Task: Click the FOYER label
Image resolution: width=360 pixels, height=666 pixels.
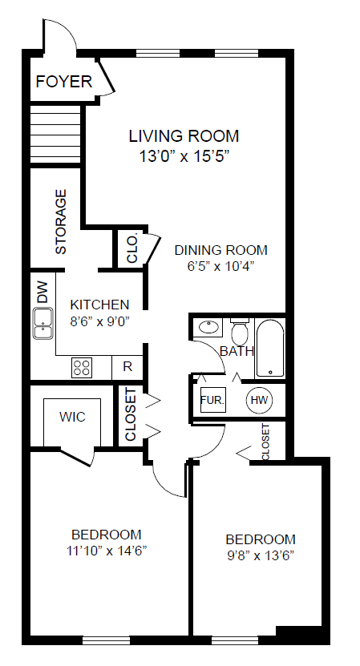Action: [x=64, y=81]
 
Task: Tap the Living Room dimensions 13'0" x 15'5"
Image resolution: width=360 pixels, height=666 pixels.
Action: [x=184, y=157]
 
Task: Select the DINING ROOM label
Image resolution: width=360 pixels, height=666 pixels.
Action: [x=221, y=250]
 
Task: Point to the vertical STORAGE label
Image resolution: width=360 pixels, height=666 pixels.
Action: [x=61, y=221]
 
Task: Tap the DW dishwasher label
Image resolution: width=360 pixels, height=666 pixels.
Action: [x=42, y=293]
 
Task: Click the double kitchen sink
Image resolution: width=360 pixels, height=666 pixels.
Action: [x=43, y=323]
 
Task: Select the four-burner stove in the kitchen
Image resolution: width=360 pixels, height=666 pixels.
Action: [x=82, y=367]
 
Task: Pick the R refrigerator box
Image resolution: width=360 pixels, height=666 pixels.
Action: [x=127, y=367]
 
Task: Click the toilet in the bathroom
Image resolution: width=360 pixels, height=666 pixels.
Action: [x=240, y=331]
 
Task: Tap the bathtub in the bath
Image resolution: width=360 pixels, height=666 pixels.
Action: [x=270, y=349]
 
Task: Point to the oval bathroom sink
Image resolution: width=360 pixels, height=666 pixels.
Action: [x=208, y=327]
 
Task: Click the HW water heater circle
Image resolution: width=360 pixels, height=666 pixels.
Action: [x=260, y=400]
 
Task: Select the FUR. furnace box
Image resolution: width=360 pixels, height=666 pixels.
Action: [x=212, y=400]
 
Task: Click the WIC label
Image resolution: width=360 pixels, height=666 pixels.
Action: [x=72, y=417]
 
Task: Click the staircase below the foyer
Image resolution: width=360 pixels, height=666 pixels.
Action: [x=55, y=134]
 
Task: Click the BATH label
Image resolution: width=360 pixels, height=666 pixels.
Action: [x=237, y=351]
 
